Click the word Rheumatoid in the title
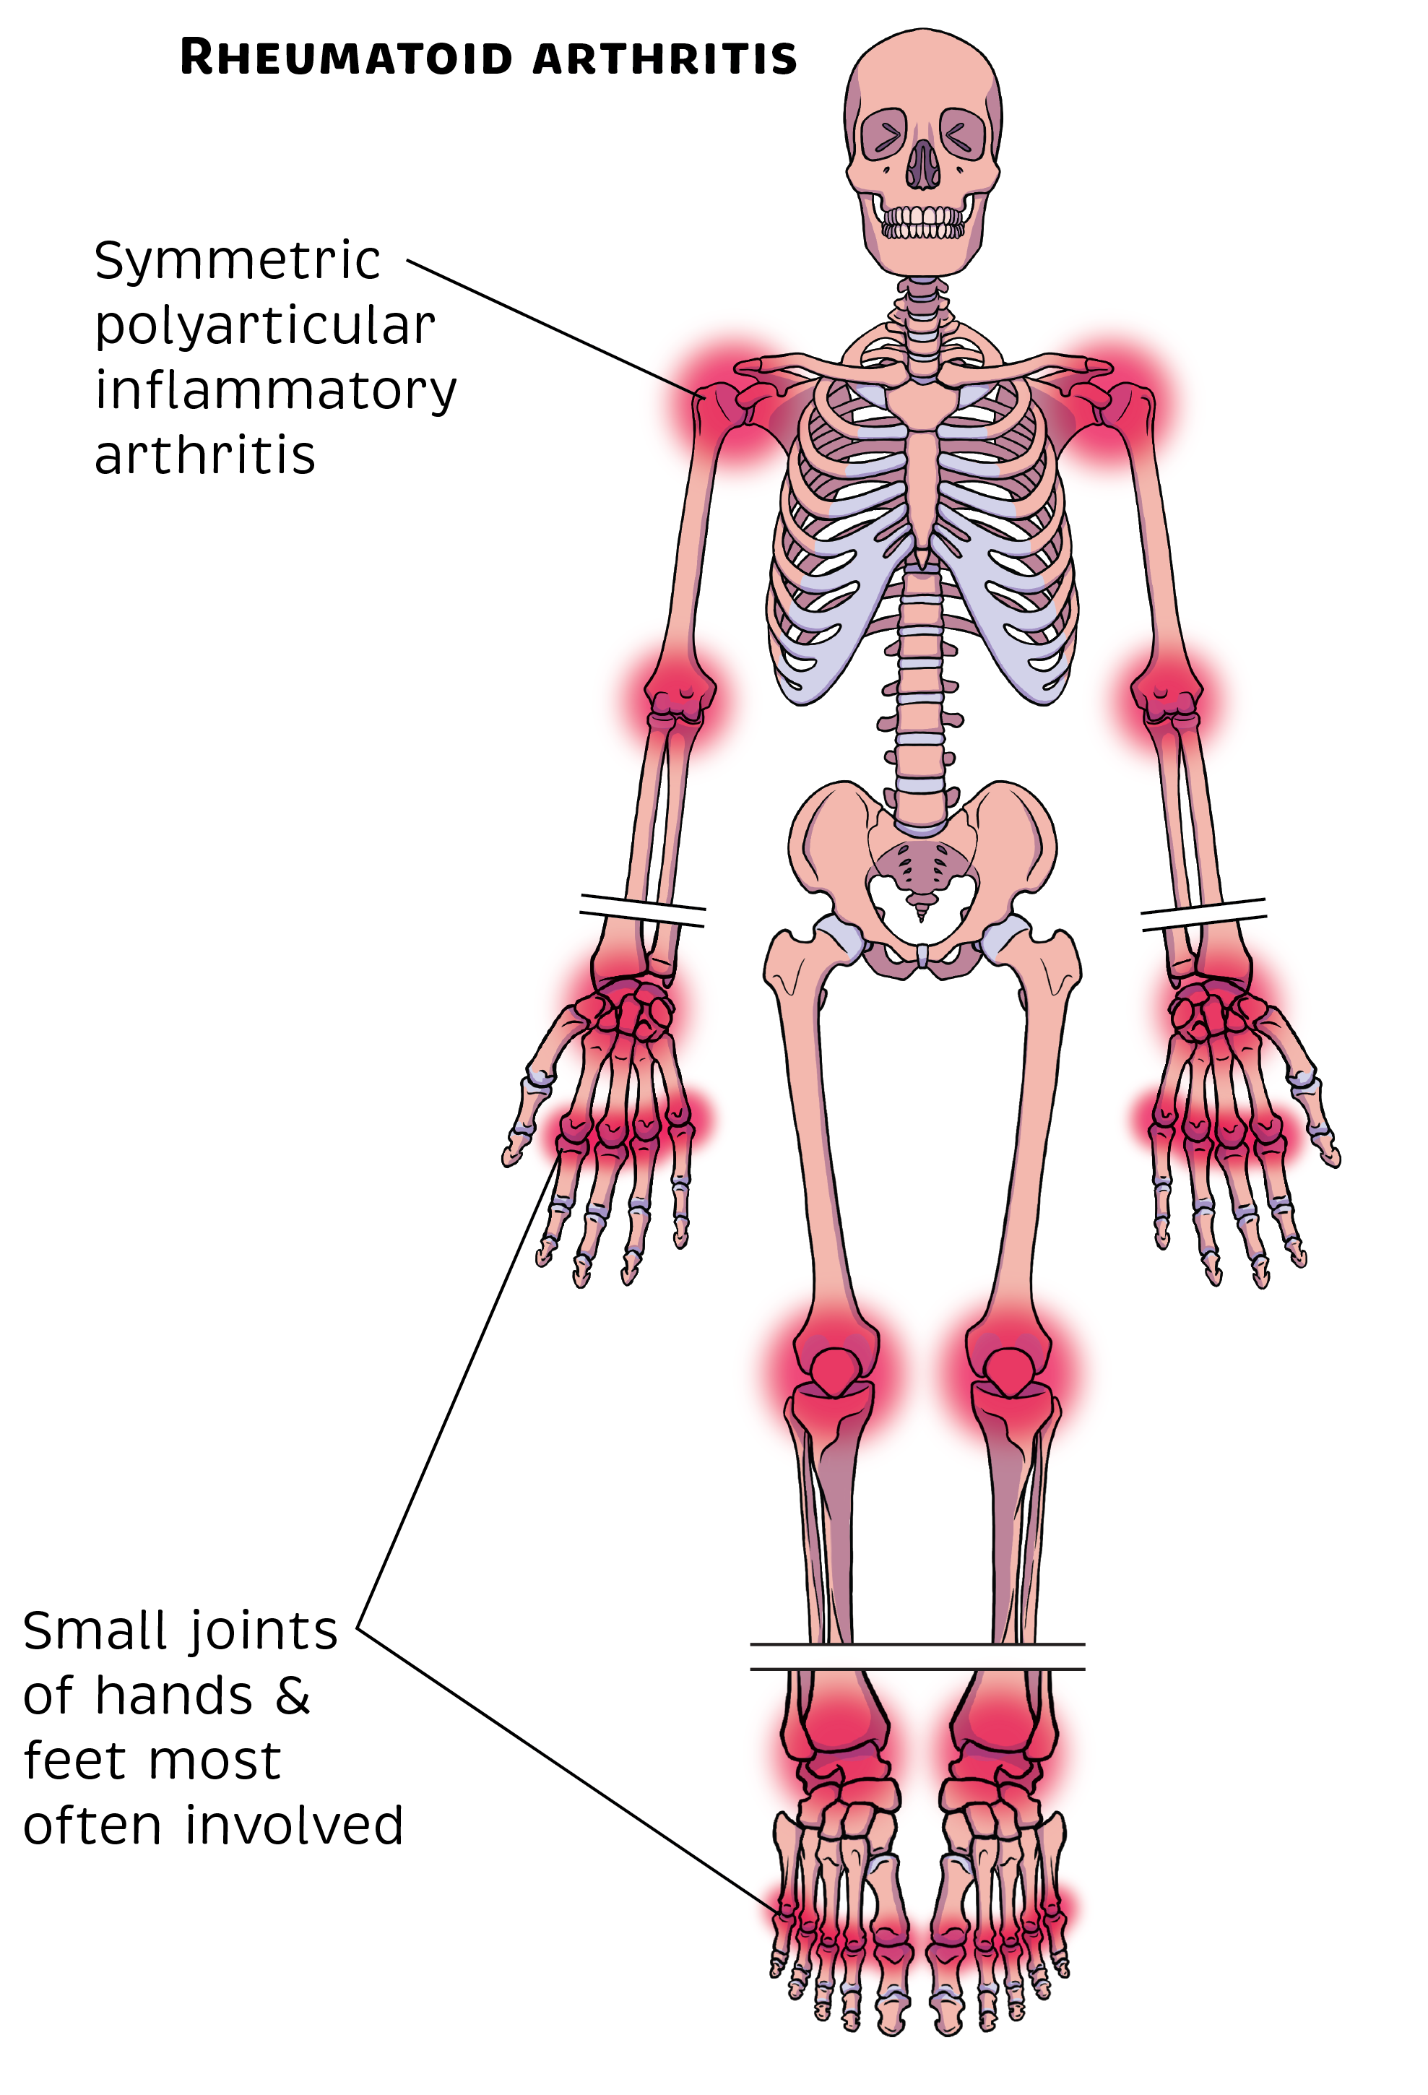[x=346, y=58]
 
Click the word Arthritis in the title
[x=665, y=58]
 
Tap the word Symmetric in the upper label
[x=237, y=262]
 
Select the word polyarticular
[x=265, y=327]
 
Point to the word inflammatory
[x=276, y=392]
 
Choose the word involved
[x=294, y=1826]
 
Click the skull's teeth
[x=922, y=222]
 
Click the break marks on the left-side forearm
[x=643, y=910]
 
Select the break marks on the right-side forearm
[x=1203, y=913]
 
